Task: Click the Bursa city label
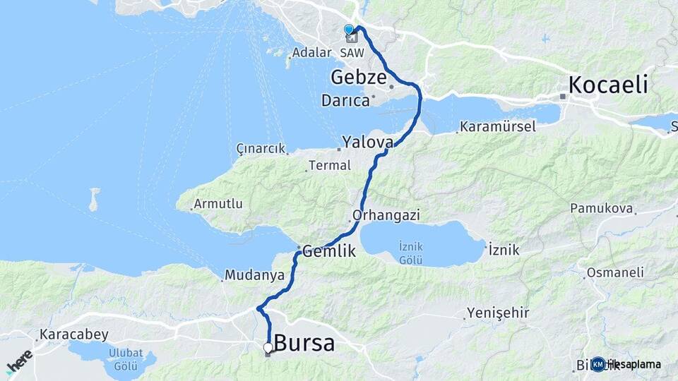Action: tap(304, 344)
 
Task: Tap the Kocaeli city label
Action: tap(608, 85)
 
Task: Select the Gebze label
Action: tap(361, 77)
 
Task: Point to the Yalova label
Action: tap(367, 142)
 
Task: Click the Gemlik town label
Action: tap(330, 250)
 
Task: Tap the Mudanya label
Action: tap(254, 274)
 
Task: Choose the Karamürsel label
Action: tap(498, 127)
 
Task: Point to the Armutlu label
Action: tap(218, 204)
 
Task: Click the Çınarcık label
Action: tap(261, 149)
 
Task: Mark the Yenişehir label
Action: tap(499, 313)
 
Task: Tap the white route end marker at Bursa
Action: tap(268, 347)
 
